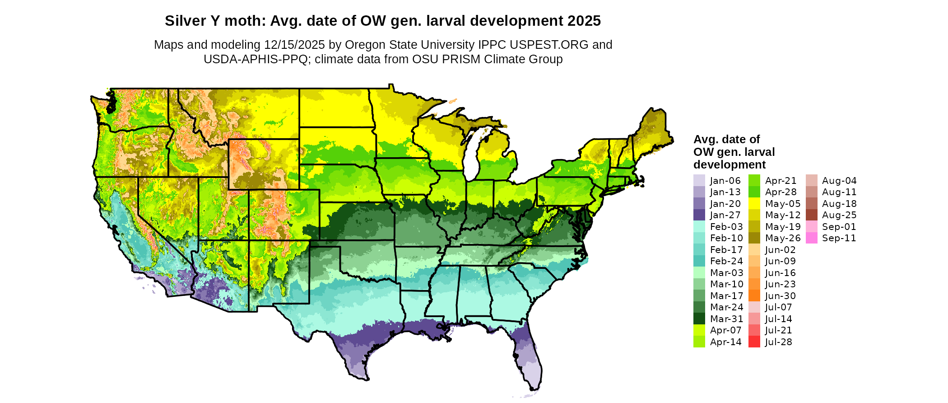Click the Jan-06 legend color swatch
tap(699, 180)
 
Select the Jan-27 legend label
tap(725, 215)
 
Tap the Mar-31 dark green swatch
tap(699, 319)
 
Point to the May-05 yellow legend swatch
tap(754, 203)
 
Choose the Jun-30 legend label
tap(781, 296)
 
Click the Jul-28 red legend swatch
tap(754, 342)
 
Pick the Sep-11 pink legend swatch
tap(811, 238)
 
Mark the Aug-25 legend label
tap(839, 215)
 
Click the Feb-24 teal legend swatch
tap(699, 261)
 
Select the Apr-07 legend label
tap(725, 330)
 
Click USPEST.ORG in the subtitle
tap(549, 45)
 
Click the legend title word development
tap(730, 164)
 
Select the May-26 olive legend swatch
tap(754, 238)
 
